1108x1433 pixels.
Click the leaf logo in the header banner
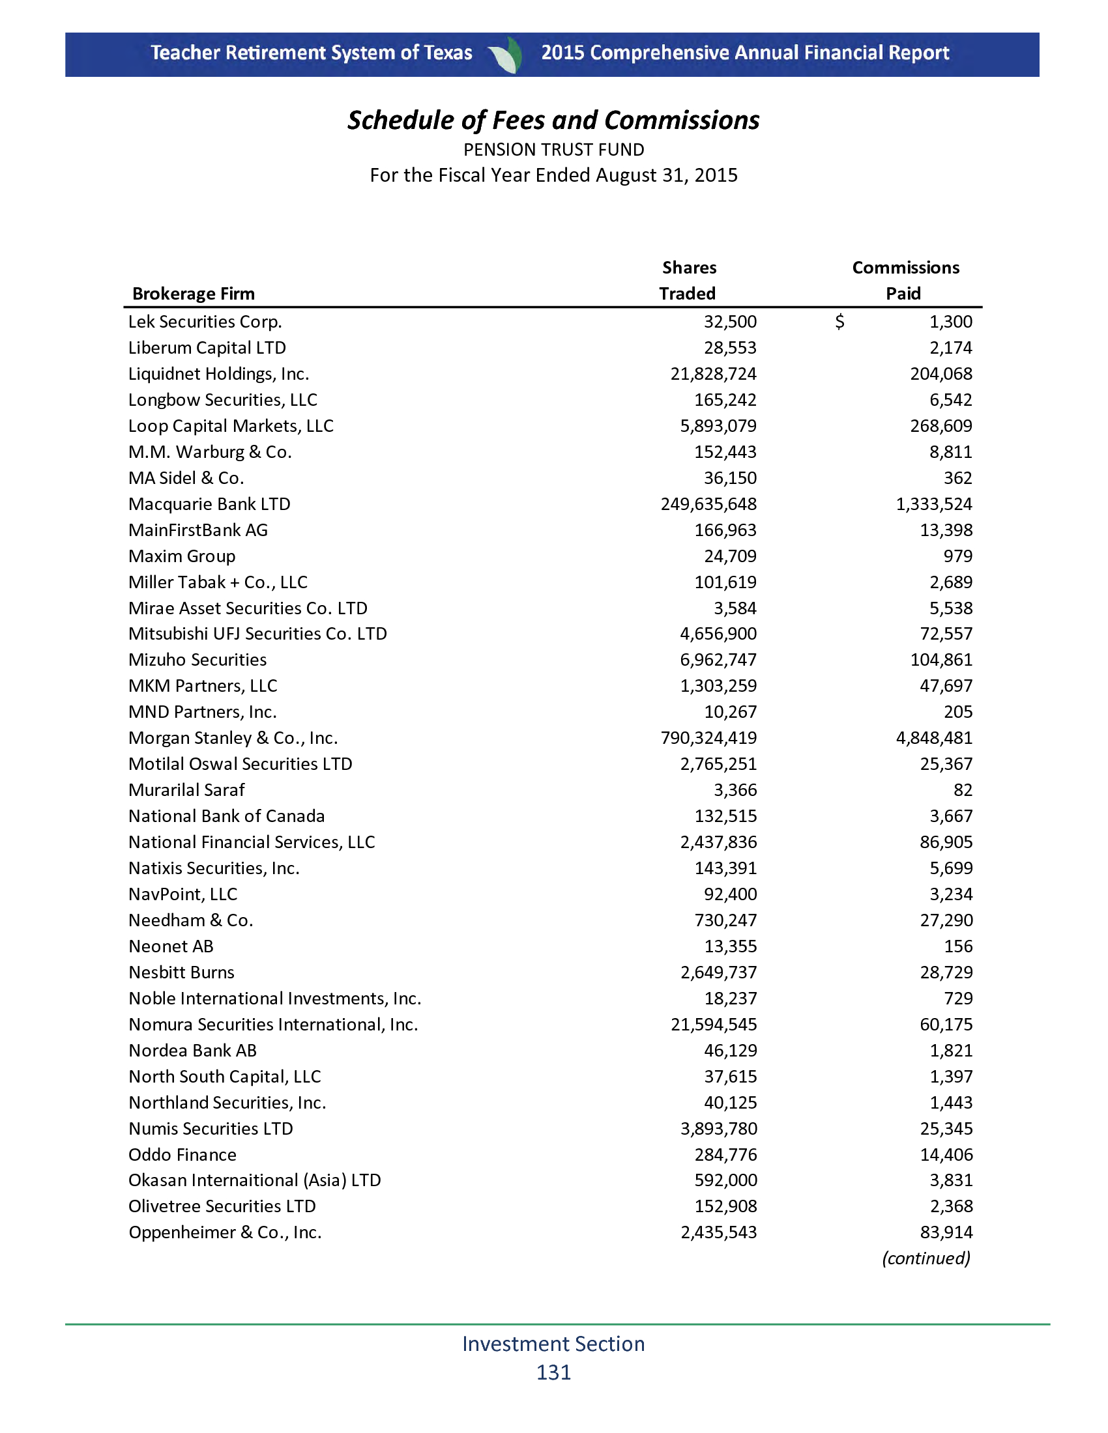click(506, 55)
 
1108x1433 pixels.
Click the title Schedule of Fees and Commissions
click(553, 121)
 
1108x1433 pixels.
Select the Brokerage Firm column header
click(194, 294)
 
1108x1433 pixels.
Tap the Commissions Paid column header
click(905, 281)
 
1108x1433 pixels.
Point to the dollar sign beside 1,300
click(839, 322)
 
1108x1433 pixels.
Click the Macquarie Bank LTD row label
click(209, 505)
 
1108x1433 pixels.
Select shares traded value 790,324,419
click(708, 738)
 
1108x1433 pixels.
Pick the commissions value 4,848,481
click(934, 738)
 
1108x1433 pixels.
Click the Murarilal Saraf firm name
click(186, 790)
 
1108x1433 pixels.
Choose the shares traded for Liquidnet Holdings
click(713, 374)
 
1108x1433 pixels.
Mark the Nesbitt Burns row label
click(181, 972)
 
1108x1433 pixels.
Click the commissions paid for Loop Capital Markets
click(940, 427)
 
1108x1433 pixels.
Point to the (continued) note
click(926, 1258)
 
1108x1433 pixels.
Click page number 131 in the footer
click(553, 1372)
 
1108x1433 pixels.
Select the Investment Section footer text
click(553, 1344)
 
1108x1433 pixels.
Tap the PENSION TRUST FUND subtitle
click(553, 150)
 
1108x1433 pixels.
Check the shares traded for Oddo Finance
click(725, 1155)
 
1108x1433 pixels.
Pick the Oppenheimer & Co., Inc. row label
click(225, 1233)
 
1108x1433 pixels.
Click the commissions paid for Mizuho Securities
click(940, 660)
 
